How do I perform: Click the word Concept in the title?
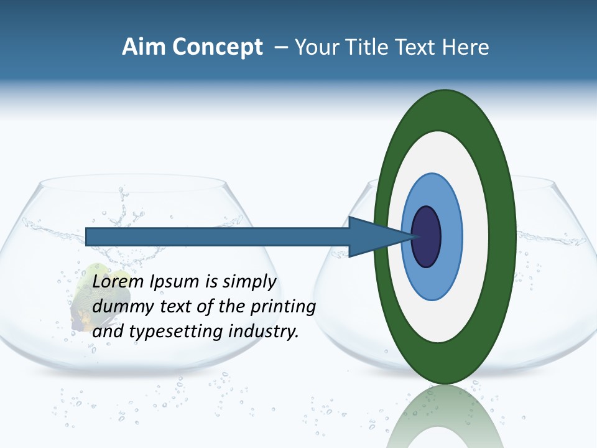click(x=217, y=47)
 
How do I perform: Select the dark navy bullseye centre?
click(x=426, y=236)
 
